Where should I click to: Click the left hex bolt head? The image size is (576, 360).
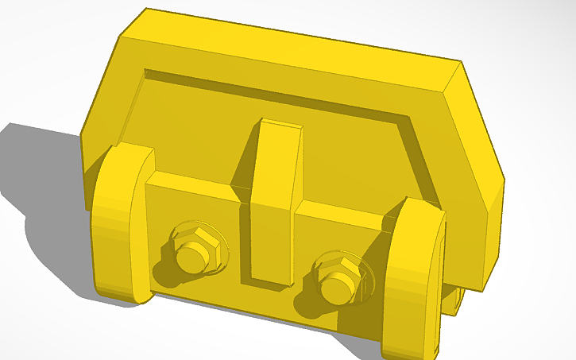(191, 252)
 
